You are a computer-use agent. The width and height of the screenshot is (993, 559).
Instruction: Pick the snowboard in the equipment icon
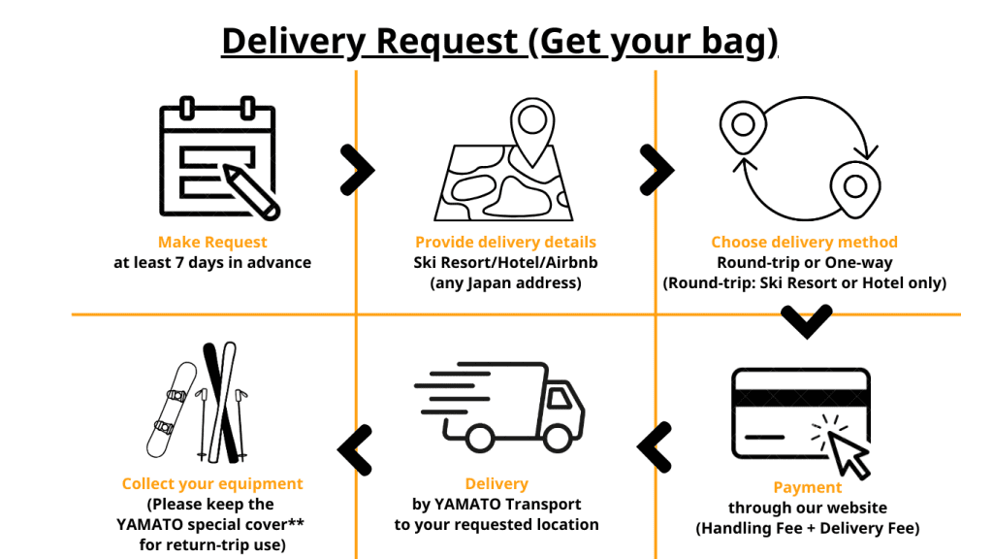coord(174,410)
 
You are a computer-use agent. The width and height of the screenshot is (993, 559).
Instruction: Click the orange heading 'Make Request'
coord(212,243)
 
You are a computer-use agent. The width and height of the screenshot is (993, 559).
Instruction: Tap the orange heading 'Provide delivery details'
coord(505,243)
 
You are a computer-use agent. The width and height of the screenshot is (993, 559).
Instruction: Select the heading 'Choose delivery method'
coord(804,243)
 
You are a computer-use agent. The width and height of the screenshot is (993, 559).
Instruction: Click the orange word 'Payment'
coord(808,487)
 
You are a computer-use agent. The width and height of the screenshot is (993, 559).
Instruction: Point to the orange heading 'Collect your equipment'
coord(212,483)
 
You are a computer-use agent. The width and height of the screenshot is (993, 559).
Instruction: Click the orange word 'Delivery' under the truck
coord(496,483)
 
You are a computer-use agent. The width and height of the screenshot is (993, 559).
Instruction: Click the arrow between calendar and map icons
coord(357,170)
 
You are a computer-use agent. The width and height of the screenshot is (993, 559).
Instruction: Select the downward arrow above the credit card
coord(806,321)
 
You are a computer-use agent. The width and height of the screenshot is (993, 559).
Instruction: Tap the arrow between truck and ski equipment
coord(355,448)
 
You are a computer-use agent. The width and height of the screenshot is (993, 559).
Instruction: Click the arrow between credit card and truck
coord(655,446)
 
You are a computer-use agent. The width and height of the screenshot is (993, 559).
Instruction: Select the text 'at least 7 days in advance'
coord(212,262)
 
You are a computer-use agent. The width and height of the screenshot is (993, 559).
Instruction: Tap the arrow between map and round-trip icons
coord(657,170)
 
